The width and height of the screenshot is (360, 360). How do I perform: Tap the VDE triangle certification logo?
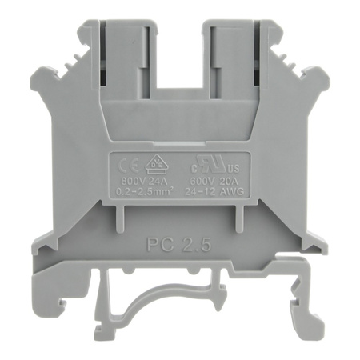click(x=154, y=165)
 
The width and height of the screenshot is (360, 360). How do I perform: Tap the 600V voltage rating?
click(x=204, y=181)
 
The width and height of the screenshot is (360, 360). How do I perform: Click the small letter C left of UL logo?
click(x=192, y=168)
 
